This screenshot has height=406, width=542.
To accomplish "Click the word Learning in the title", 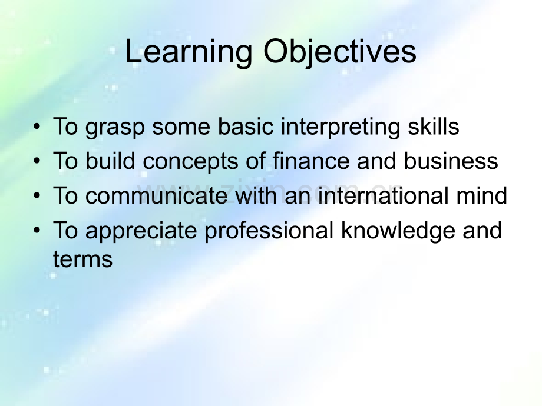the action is [189, 52].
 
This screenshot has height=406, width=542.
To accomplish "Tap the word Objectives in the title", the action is [340, 52].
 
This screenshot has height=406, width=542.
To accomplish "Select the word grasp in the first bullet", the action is [115, 128].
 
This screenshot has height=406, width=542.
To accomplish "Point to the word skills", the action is [434, 126].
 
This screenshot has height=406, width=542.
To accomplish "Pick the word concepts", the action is [190, 162].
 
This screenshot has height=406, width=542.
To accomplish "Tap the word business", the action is [451, 161].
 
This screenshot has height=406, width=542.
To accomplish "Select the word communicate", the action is [156, 195].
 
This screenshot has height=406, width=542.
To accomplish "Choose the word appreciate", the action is [141, 231].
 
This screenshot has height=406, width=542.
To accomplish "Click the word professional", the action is [269, 231].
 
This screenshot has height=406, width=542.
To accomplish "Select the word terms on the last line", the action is [82, 259].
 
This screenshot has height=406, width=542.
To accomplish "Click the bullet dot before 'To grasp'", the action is [37, 127].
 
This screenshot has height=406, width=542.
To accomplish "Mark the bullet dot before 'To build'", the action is [37, 161].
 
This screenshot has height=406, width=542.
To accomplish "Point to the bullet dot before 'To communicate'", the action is [37, 196].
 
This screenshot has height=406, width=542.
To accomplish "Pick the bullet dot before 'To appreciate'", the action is [37, 230].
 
